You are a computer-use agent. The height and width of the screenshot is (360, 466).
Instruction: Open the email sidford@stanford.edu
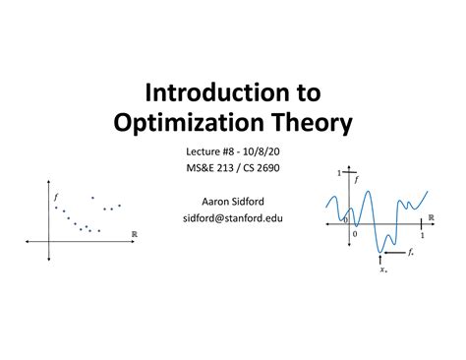232,217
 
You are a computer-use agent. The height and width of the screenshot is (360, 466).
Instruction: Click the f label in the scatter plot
56,196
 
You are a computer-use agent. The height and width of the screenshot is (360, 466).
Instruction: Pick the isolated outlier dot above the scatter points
92,198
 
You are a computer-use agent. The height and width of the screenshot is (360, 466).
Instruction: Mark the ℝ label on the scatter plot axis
134,234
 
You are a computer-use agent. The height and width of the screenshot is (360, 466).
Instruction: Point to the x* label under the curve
382,267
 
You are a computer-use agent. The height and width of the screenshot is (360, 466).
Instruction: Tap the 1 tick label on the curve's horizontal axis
422,236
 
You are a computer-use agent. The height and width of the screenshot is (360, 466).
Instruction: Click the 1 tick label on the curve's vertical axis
340,173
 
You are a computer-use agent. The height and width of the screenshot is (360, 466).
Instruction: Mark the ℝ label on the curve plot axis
430,218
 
